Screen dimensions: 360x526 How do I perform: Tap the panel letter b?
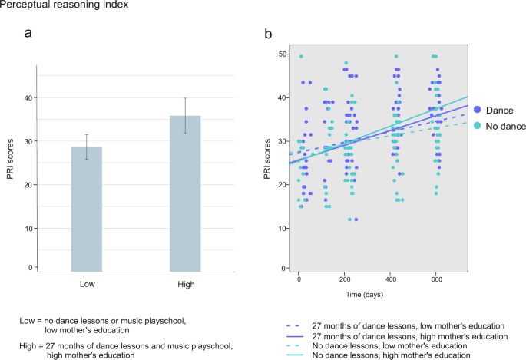tap(267, 34)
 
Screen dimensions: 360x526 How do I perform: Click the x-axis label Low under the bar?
tap(86, 283)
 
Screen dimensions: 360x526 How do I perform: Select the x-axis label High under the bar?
tap(185, 283)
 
